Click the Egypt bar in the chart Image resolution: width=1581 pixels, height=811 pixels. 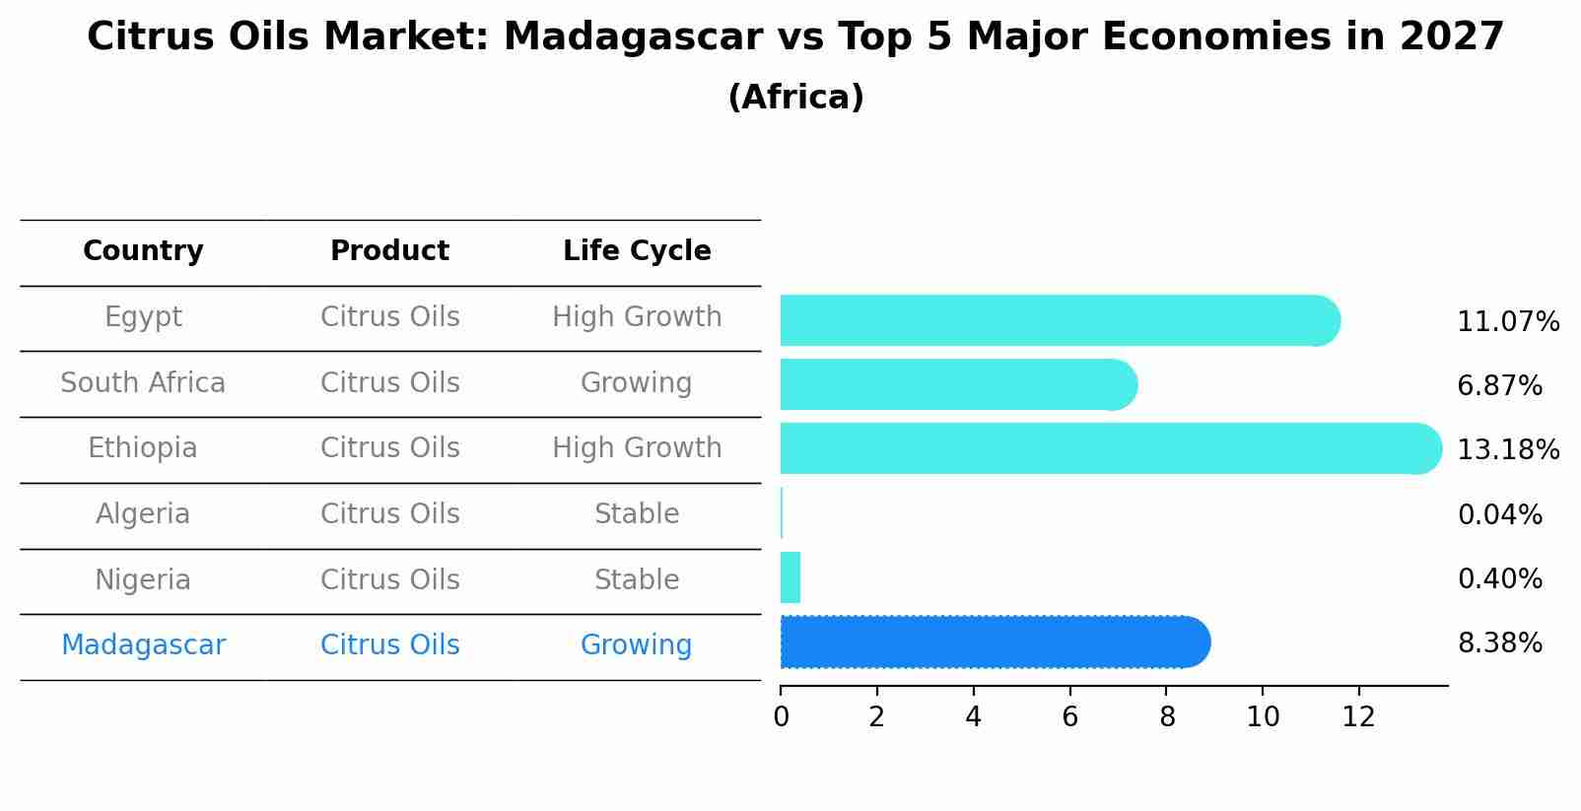click(x=1060, y=320)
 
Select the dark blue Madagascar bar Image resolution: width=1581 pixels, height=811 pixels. click(x=994, y=642)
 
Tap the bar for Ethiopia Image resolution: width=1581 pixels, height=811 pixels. click(x=1110, y=448)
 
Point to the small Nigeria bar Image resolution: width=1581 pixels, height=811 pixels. click(x=790, y=577)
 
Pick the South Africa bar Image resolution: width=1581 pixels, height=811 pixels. click(x=958, y=384)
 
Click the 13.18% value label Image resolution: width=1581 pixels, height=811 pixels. click(x=1507, y=450)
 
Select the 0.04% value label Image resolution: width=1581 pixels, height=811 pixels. click(x=1499, y=514)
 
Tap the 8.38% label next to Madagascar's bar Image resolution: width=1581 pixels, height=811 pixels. click(x=1499, y=643)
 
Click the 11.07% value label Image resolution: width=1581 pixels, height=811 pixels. click(x=1507, y=322)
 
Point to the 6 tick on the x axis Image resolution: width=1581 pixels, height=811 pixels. click(x=1069, y=717)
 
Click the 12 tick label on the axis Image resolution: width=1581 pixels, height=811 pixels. click(x=1358, y=717)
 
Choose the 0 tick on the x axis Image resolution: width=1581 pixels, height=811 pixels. click(x=781, y=717)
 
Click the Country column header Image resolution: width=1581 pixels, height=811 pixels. click(x=143, y=251)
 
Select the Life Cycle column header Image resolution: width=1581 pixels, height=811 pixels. click(x=637, y=251)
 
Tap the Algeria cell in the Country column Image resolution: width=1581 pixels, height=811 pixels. click(x=143, y=514)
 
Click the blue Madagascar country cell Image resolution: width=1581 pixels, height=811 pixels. click(x=143, y=645)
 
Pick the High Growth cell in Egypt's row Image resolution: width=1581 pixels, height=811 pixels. click(x=637, y=317)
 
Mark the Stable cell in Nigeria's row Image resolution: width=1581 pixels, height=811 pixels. click(x=637, y=580)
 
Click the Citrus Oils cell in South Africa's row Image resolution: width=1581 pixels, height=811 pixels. click(x=389, y=383)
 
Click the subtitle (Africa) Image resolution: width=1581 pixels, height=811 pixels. click(x=795, y=98)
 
